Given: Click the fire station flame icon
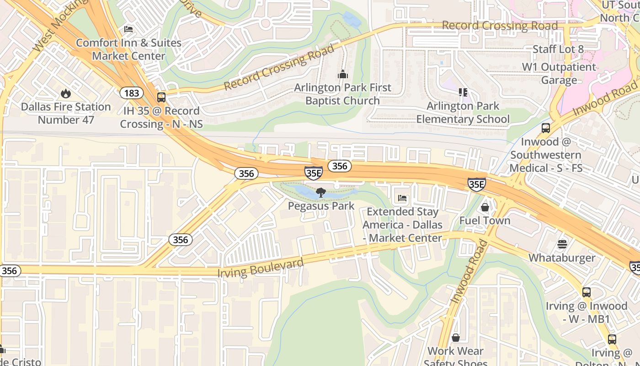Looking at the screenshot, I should (66, 94).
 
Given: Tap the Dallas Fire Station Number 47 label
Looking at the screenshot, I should (66, 113).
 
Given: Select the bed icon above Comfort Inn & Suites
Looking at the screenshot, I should (128, 30).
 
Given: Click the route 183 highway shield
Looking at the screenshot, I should (132, 93).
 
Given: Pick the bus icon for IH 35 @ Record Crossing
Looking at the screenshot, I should (161, 97).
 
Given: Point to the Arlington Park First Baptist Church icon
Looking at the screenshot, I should (342, 74).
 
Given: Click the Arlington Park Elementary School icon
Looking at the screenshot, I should (463, 93).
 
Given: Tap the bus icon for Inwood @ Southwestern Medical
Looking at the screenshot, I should (545, 128).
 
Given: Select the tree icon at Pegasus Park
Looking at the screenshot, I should (321, 193).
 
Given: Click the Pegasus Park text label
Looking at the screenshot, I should (321, 206).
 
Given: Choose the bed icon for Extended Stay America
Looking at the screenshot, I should (402, 198).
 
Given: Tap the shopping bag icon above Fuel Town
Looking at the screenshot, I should (485, 207).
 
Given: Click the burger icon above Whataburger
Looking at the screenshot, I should (562, 244).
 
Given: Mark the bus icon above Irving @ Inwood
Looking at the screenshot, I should (587, 292).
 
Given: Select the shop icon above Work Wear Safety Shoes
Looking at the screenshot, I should (455, 338).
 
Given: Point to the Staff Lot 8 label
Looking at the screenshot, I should (558, 49).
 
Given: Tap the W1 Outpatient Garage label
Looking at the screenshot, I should (559, 74).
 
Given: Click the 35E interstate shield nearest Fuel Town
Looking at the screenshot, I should (476, 184).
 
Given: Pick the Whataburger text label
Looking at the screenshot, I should (562, 258).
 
